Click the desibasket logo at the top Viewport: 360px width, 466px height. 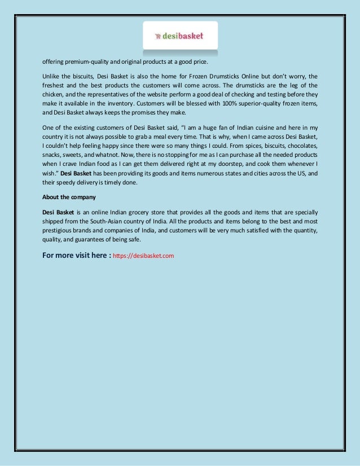point(179,37)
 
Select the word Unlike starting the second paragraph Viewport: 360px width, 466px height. point(52,76)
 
